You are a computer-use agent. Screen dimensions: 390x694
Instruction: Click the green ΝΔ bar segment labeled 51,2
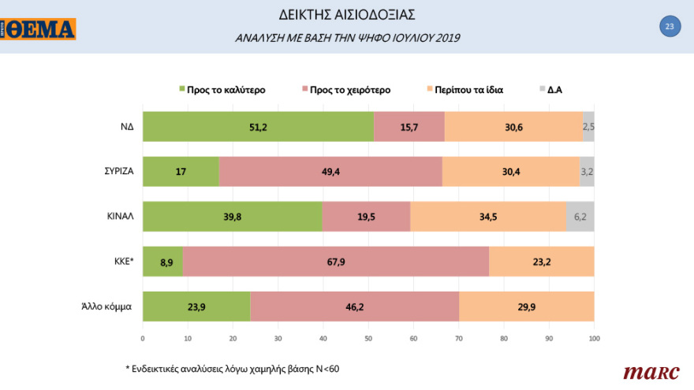258,127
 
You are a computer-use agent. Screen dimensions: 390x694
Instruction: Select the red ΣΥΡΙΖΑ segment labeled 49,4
330,171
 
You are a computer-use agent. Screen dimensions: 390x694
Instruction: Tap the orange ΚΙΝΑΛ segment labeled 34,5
488,216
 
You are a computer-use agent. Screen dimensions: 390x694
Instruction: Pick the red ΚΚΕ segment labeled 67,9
336,261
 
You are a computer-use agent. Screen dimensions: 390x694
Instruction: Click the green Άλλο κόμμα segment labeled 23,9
196,306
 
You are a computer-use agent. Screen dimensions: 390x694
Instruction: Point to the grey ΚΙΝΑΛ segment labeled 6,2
580,216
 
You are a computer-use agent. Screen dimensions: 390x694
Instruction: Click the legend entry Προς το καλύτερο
225,90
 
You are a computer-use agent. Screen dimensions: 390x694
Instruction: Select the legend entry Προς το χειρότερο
349,90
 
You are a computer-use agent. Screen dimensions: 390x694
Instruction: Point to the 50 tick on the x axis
368,339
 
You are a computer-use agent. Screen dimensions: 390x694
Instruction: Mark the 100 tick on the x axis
594,339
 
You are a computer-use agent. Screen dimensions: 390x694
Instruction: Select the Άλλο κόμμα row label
106,306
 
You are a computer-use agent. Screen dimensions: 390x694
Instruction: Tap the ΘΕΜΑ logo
39,30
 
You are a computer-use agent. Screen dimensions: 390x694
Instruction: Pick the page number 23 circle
669,27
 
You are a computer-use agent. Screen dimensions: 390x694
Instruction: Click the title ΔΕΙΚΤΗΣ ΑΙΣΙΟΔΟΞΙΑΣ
347,14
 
